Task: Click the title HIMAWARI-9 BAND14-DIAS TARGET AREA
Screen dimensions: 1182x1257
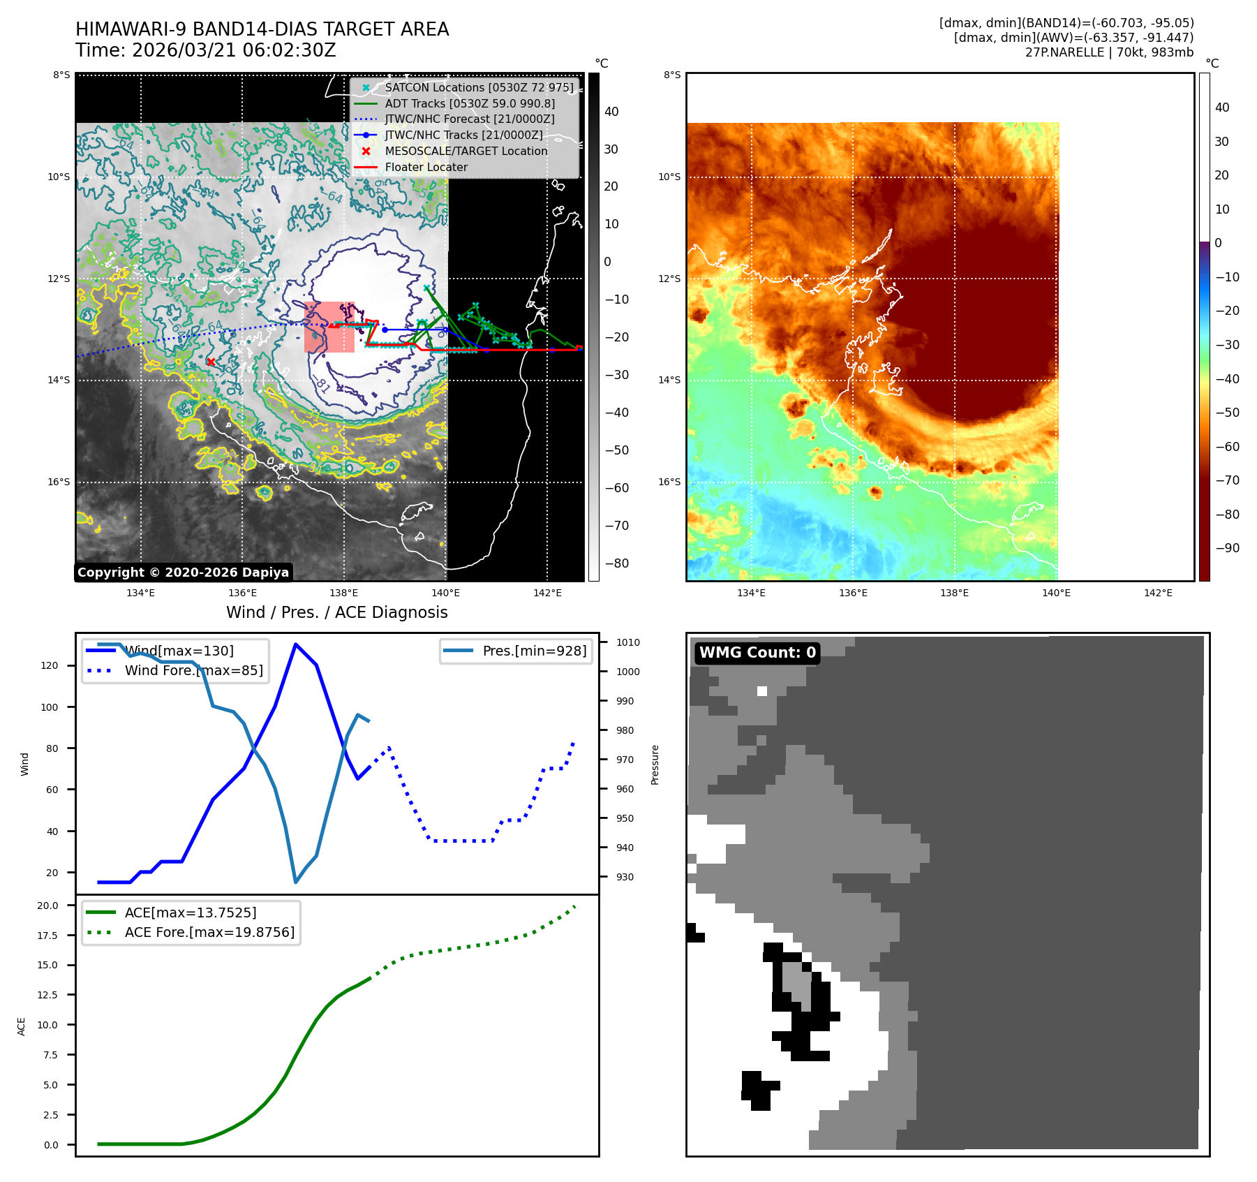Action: (x=262, y=29)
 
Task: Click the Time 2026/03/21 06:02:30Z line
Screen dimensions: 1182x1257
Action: (x=206, y=50)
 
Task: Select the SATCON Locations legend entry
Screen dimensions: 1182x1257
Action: (x=479, y=87)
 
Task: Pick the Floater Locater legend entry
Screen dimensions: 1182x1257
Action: (x=426, y=167)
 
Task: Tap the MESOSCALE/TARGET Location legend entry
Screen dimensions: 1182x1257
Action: (x=466, y=151)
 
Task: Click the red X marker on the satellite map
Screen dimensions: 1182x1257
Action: (x=211, y=362)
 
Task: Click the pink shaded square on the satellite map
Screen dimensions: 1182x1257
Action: (x=329, y=327)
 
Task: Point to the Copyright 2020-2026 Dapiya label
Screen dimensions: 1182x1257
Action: (x=183, y=572)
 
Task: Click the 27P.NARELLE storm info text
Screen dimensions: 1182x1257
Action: (x=1109, y=52)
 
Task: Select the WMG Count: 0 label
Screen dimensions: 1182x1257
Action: (x=757, y=653)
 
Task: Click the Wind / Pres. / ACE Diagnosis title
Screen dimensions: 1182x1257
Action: (x=337, y=612)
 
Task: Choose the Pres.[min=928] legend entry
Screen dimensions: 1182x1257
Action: (x=534, y=651)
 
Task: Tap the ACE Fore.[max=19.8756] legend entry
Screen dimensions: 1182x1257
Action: (x=209, y=932)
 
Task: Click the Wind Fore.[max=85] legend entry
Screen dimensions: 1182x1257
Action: (x=193, y=670)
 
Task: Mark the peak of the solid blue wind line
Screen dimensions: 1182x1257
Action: (x=296, y=644)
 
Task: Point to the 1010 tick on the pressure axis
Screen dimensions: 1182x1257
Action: (x=627, y=642)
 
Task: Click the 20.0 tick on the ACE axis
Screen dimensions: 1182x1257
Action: (x=48, y=906)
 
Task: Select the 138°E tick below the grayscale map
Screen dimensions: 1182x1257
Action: (x=344, y=593)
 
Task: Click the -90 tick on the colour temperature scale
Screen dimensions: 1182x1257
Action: (x=1227, y=548)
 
